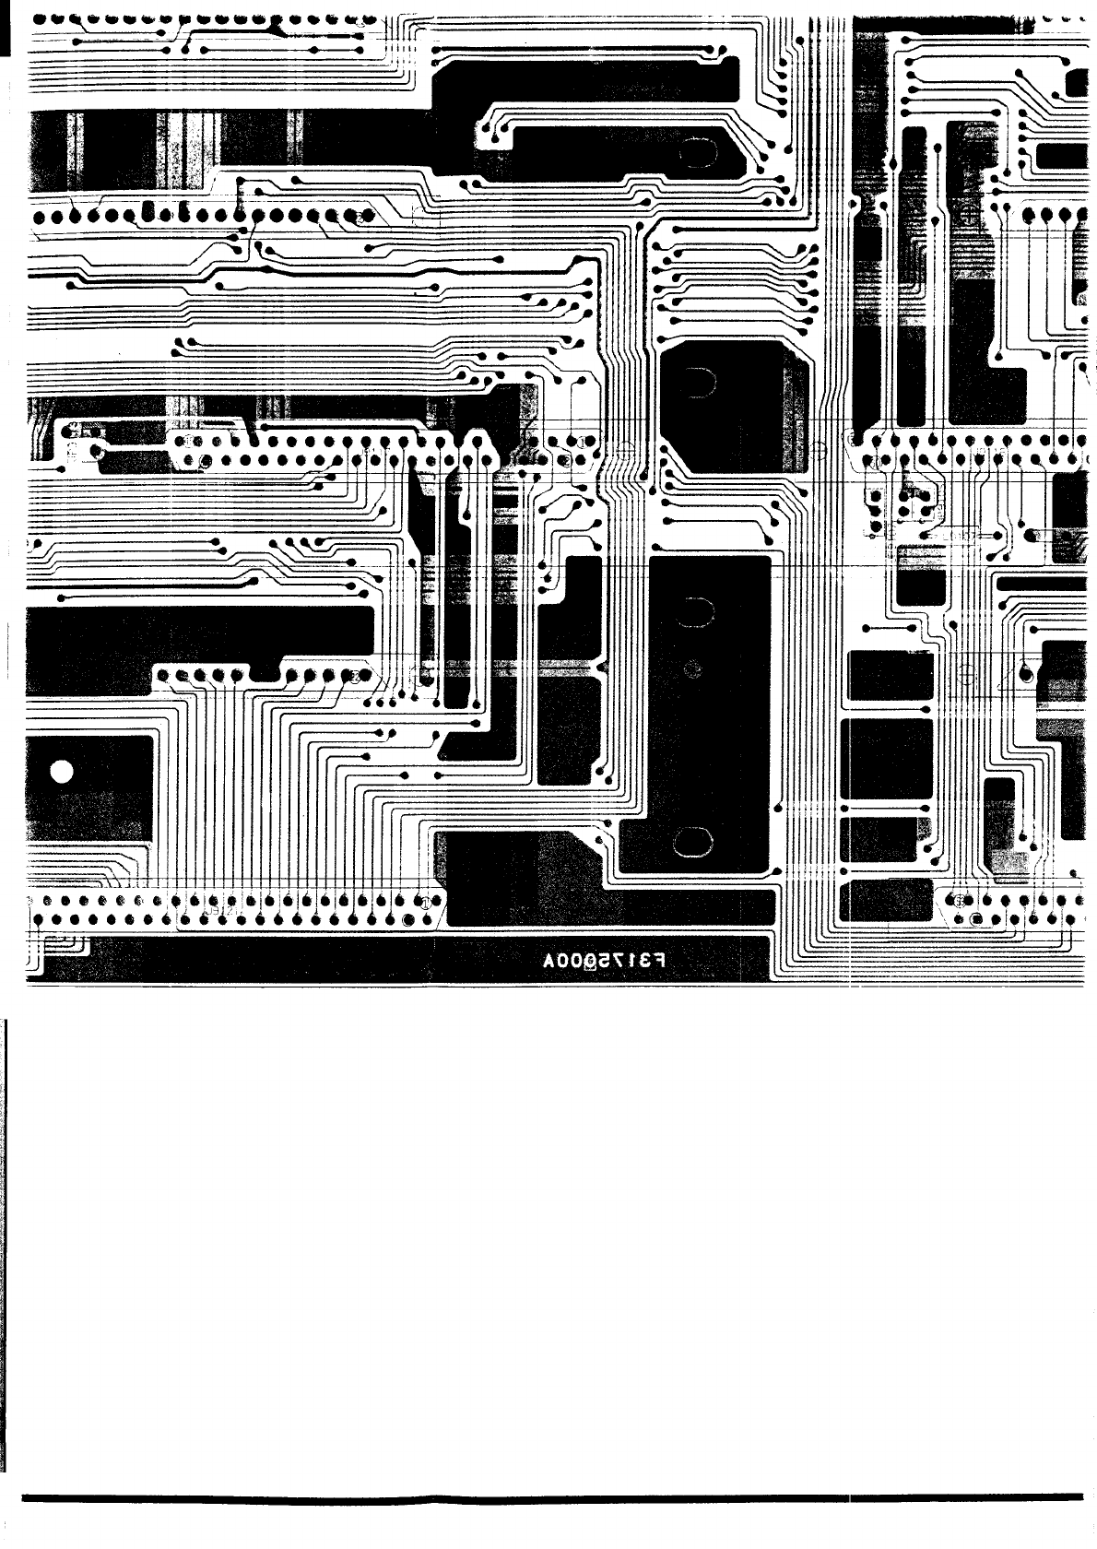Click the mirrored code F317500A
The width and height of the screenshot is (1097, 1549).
(x=603, y=961)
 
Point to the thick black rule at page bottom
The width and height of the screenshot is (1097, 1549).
(x=553, y=1496)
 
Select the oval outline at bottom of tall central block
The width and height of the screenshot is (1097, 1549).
(x=693, y=841)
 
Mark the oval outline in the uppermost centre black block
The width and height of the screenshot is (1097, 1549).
(x=693, y=152)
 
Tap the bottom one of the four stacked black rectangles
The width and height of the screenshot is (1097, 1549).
(x=886, y=899)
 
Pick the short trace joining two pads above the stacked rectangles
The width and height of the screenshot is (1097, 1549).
(x=891, y=628)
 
